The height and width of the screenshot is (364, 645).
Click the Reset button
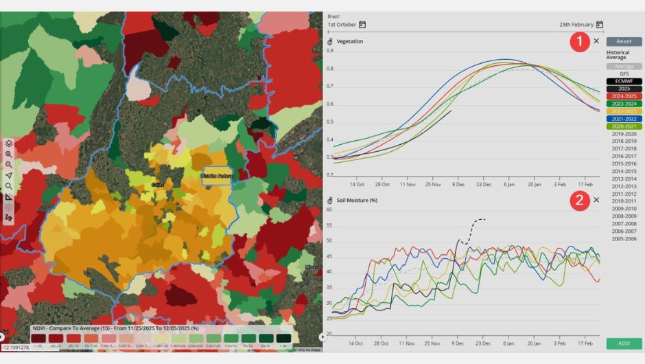tap(624, 41)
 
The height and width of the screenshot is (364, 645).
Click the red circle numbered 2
tap(580, 201)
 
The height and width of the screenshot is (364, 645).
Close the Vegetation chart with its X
tap(596, 41)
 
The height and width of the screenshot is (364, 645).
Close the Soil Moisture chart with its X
tap(596, 200)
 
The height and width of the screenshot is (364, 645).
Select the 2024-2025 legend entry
tap(624, 96)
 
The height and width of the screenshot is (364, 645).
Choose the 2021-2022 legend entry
tap(624, 119)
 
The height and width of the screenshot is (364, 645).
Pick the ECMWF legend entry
tap(624, 81)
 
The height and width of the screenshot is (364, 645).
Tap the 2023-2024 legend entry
tap(624, 104)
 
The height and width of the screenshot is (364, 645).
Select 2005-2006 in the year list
tap(624, 238)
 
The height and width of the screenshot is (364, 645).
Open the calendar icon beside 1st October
tap(362, 25)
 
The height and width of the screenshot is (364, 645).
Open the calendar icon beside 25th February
tap(599, 25)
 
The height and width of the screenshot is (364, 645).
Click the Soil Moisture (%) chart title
tap(357, 201)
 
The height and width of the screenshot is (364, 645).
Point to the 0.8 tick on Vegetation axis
tap(330, 68)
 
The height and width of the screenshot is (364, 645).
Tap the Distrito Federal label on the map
tap(218, 176)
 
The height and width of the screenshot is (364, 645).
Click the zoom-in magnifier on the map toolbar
tap(9, 154)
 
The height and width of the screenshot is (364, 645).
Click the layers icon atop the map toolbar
tap(9, 143)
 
